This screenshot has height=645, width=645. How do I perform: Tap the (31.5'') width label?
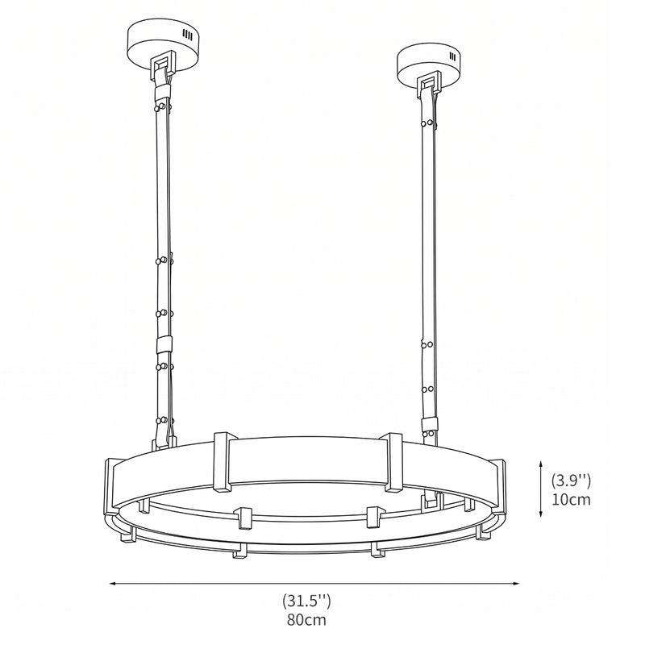coord(306,601)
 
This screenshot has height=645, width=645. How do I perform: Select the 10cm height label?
coord(571,499)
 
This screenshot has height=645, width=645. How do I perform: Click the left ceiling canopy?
coord(164,45)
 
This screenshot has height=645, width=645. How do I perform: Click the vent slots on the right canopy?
coord(453,55)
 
